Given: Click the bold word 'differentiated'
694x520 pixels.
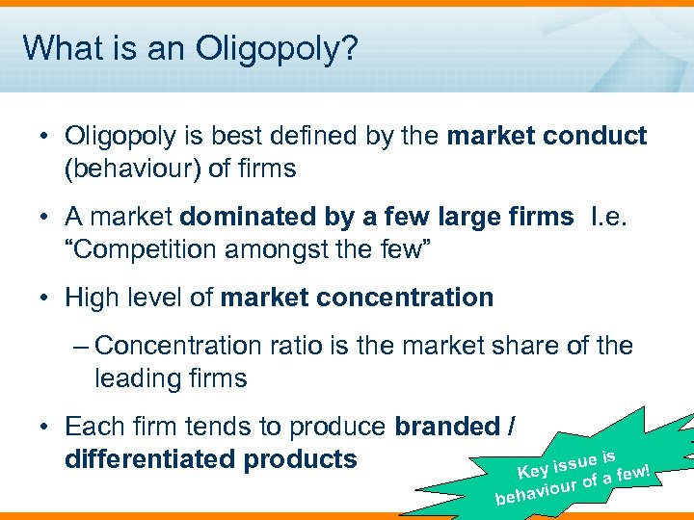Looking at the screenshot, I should [150, 459].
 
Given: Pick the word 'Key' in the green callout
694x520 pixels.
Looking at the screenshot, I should [534, 470].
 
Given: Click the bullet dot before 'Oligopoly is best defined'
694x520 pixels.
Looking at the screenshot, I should [44, 137].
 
